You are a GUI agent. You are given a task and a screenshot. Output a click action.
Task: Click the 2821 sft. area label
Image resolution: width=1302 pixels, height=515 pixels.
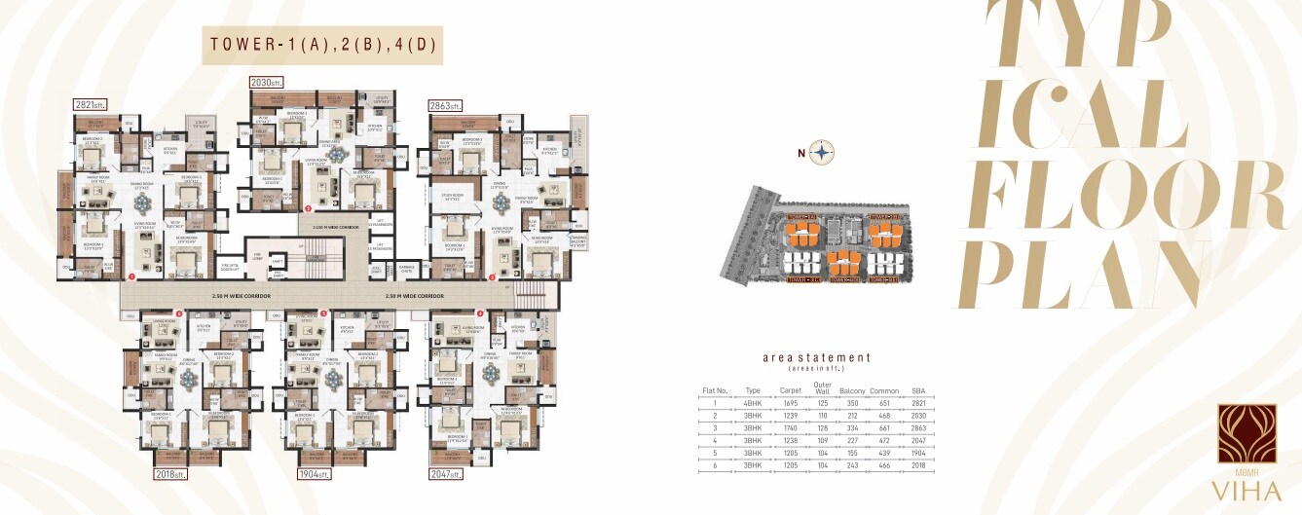90,104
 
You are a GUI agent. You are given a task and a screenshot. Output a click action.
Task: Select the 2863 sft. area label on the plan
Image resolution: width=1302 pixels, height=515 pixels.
445,105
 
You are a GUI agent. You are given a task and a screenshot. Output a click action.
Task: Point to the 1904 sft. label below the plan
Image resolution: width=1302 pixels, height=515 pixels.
315,474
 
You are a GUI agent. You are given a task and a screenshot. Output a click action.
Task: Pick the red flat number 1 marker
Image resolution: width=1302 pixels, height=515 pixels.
131,276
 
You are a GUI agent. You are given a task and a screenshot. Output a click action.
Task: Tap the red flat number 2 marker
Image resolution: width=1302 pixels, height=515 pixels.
309,208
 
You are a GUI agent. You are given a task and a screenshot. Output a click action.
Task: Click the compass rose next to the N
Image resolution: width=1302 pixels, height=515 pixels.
823,152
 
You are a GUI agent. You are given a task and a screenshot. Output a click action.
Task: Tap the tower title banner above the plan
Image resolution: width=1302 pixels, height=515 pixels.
322,45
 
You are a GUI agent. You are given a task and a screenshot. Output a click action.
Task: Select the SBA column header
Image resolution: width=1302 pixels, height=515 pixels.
917,391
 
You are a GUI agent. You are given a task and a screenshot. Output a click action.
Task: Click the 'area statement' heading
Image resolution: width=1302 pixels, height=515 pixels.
816,358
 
